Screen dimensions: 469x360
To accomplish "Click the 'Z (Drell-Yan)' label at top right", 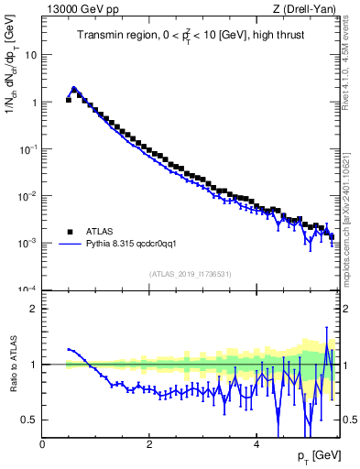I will point(304,9).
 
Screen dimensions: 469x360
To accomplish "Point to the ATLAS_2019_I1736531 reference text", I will point(189,274).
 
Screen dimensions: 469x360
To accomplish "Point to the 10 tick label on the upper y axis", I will point(31,55).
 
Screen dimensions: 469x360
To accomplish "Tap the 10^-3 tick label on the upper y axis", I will point(27,243).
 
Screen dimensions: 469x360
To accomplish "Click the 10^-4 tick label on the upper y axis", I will point(27,289).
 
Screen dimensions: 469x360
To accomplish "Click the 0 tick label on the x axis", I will point(42,443).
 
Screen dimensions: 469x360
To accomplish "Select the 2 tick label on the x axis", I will point(148,443).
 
